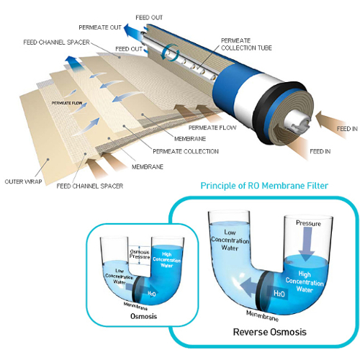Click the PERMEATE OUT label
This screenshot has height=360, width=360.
tap(100, 27)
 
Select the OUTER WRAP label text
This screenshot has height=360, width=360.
tap(23, 181)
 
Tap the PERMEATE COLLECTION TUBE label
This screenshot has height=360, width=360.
tap(246, 44)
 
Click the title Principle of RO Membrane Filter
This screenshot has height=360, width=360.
tap(264, 186)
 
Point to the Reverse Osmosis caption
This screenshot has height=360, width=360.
tap(270, 332)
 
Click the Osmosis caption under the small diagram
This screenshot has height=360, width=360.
tap(143, 316)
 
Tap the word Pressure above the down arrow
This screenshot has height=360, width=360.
tap(308, 223)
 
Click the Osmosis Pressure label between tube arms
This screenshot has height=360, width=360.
tap(140, 254)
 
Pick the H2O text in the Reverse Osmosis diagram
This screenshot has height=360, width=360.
tap(279, 293)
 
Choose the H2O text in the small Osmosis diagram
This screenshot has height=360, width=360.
tap(152, 293)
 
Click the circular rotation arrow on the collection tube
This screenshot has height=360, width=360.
tap(170, 53)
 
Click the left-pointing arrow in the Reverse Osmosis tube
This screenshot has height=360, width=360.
tap(249, 287)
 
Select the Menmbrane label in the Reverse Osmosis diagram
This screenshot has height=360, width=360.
tap(263, 316)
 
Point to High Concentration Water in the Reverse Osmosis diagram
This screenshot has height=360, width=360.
tap(305, 282)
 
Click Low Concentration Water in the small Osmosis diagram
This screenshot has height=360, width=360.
tap(120, 276)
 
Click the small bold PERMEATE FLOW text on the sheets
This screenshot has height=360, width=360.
tap(67, 103)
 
